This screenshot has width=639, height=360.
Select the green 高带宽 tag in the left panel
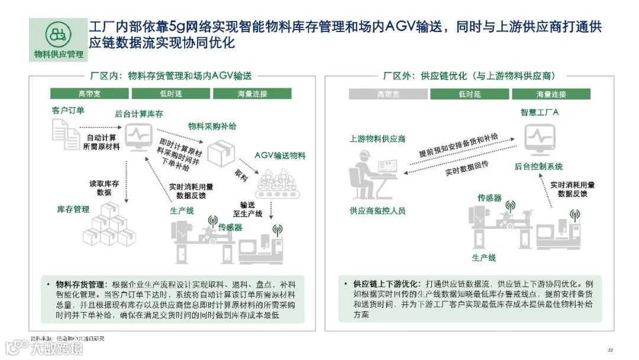coord(89,94)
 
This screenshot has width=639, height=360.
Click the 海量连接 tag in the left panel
coord(251,94)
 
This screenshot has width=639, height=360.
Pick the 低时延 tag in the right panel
coord(469,94)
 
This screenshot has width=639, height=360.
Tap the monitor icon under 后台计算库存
coord(138,137)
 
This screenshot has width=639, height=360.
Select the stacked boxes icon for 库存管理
coord(108,224)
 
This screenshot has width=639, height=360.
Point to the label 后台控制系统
coord(538,166)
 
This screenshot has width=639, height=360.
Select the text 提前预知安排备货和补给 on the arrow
coord(458,145)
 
